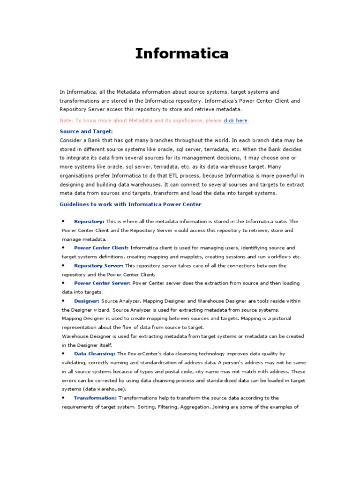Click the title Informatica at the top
point(182,53)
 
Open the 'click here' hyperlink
point(235,120)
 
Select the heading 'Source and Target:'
point(86,131)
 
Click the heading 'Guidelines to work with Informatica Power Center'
point(130,204)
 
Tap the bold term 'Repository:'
point(89,221)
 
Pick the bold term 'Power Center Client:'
point(101,247)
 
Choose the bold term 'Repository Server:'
point(99,265)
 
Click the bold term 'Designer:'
point(87,301)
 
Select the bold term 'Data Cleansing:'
point(95,353)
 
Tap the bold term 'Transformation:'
point(95,398)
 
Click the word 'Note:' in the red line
point(67,120)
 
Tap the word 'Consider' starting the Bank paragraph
point(71,140)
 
